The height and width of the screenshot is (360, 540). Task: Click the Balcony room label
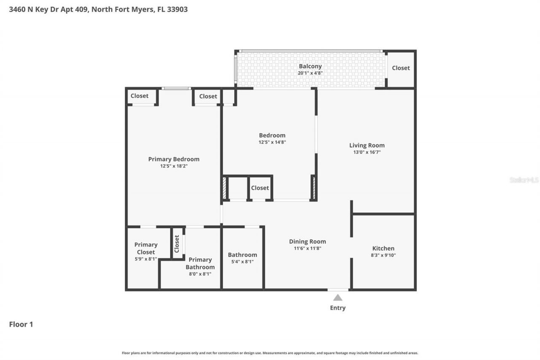coord(310,66)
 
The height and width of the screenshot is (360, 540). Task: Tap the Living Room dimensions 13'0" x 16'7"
coord(367,152)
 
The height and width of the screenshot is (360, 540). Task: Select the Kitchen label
coord(383,249)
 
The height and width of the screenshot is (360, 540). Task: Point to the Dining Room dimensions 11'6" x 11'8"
coord(307,249)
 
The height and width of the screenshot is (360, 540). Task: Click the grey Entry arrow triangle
coord(338,298)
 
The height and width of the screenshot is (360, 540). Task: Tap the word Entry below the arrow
coord(337,308)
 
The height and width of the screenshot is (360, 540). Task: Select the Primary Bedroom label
coord(173,159)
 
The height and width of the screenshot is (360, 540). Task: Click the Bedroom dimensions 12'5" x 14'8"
coord(272,142)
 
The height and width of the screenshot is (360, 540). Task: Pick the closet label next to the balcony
coord(400,68)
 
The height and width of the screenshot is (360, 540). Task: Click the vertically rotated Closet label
coord(177,244)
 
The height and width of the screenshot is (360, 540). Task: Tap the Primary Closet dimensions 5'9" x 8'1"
coord(146,259)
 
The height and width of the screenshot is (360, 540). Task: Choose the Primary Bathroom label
coord(200,263)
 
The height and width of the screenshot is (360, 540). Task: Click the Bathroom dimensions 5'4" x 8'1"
coord(242,262)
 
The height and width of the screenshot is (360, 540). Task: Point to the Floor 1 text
coord(21,325)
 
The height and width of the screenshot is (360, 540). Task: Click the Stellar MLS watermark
coord(524,180)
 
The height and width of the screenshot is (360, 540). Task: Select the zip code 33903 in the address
coord(177,9)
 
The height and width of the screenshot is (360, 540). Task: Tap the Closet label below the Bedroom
coord(260,188)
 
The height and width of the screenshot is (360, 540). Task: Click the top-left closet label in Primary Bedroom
coord(139,96)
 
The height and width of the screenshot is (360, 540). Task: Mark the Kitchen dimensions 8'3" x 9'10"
coord(383,255)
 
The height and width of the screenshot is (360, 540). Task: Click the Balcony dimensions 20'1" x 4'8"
coord(310,73)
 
